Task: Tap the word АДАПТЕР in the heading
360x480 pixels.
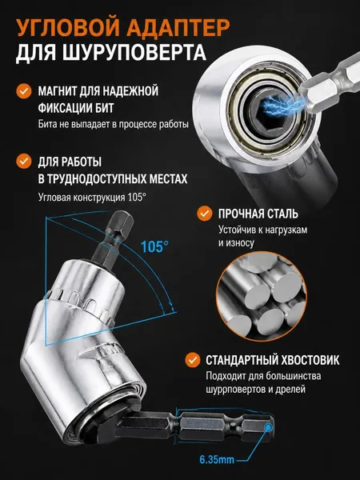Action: click(178, 27)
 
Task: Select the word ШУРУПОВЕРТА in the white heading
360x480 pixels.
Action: click(134, 53)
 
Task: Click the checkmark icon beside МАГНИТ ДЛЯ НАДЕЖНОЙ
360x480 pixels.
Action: click(24, 91)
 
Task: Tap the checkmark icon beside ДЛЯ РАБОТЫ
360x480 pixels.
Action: click(24, 161)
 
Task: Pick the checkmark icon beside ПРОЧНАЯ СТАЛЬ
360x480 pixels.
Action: click(205, 214)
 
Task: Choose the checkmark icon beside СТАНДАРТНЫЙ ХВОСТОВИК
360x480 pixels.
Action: click(193, 360)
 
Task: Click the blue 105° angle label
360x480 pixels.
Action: click(154, 246)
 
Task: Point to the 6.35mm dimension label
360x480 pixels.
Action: click(217, 459)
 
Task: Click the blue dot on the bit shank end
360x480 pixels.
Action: click(269, 427)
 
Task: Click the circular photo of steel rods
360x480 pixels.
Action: click(262, 296)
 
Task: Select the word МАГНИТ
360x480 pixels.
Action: click(57, 91)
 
